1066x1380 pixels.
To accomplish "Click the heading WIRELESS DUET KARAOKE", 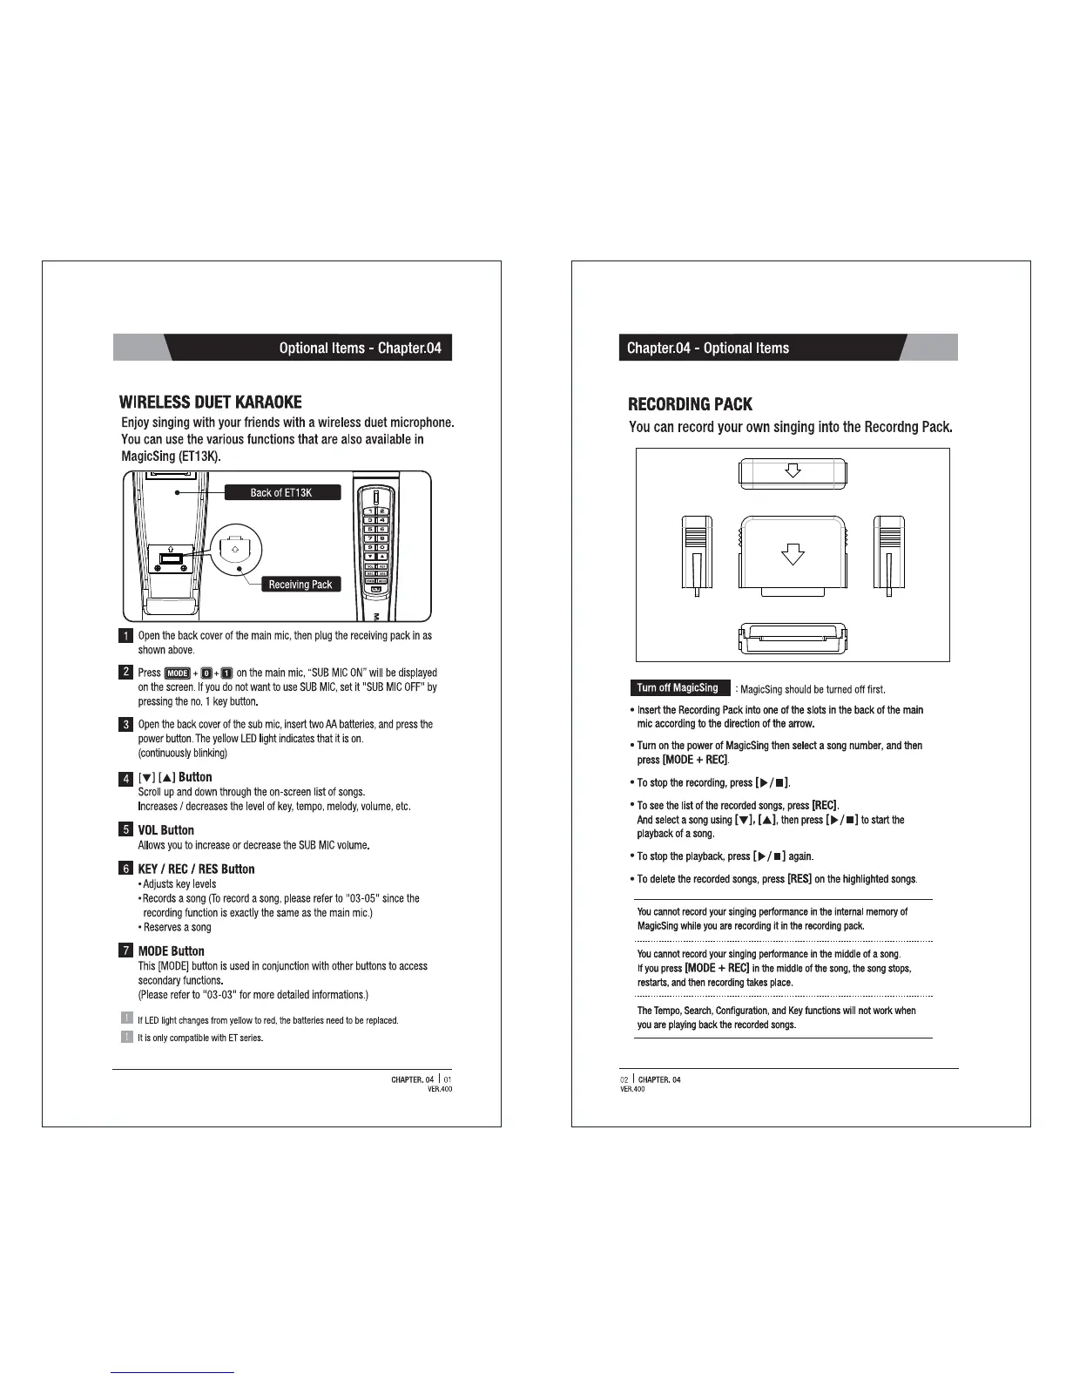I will [211, 402].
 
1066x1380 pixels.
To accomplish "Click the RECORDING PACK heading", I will [690, 404].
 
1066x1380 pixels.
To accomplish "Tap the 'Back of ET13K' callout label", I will [282, 493].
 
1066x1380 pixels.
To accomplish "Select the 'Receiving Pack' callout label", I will [300, 585].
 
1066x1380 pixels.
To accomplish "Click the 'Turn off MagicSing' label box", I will [678, 688].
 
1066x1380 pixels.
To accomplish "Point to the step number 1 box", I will [125, 635].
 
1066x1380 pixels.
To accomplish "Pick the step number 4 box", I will [125, 778].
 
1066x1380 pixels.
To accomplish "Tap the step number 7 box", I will [125, 950].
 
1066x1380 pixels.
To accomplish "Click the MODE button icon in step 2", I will [177, 673].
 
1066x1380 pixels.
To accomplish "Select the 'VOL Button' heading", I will [165, 830].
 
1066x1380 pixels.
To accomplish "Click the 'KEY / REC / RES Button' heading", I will [196, 869].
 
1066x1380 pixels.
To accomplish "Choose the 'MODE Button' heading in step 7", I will [171, 950].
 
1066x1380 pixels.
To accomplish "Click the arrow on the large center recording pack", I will [792, 554].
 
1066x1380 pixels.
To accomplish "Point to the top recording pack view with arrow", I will [793, 472].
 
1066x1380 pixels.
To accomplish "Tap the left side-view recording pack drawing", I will [696, 554].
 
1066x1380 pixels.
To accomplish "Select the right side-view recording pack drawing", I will [889, 554].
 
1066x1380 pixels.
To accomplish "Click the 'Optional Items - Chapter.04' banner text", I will [360, 348].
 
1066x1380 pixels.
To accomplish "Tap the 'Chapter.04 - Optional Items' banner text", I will [708, 348].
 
